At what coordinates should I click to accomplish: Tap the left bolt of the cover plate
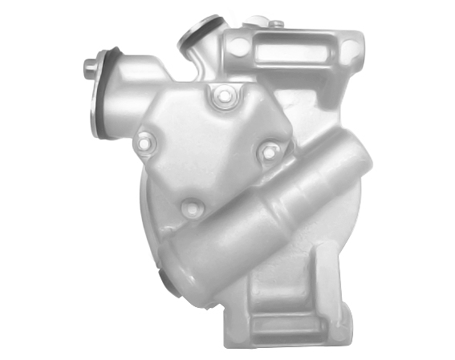pos(144,144)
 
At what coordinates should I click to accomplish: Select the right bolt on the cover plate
pos(270,150)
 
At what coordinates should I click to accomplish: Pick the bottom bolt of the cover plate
pos(190,209)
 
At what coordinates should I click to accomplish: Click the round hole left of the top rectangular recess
pos(238,47)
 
